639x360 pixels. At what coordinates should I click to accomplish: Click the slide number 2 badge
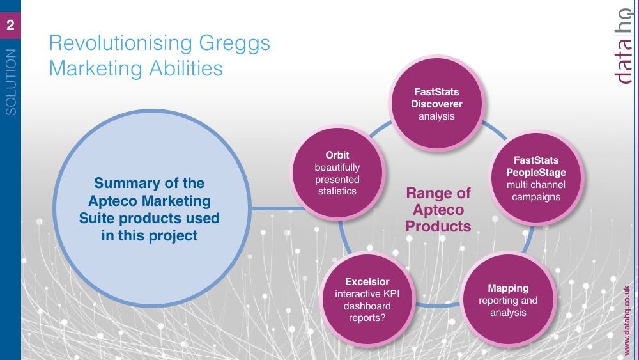click(10, 26)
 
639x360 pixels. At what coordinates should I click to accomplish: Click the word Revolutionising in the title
click(121, 42)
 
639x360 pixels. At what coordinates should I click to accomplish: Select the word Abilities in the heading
click(186, 68)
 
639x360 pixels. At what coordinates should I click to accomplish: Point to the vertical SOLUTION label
click(11, 82)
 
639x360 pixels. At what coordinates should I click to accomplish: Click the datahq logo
click(624, 45)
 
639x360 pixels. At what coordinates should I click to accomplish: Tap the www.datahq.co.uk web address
click(627, 320)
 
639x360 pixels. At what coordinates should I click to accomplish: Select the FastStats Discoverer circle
click(436, 103)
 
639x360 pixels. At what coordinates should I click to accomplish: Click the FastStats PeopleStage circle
click(536, 178)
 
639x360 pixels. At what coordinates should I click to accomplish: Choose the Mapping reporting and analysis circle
click(508, 300)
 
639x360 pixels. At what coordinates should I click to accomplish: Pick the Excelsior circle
click(367, 300)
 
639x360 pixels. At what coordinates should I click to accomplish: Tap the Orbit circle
click(337, 173)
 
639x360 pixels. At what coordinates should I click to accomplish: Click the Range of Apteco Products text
click(438, 210)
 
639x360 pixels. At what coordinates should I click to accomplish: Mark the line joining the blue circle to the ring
click(278, 208)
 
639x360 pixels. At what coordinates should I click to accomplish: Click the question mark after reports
click(382, 318)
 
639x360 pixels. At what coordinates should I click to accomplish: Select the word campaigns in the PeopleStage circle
click(536, 197)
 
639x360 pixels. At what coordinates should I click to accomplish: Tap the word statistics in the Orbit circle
click(337, 191)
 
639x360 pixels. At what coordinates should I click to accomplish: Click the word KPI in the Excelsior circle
click(391, 293)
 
